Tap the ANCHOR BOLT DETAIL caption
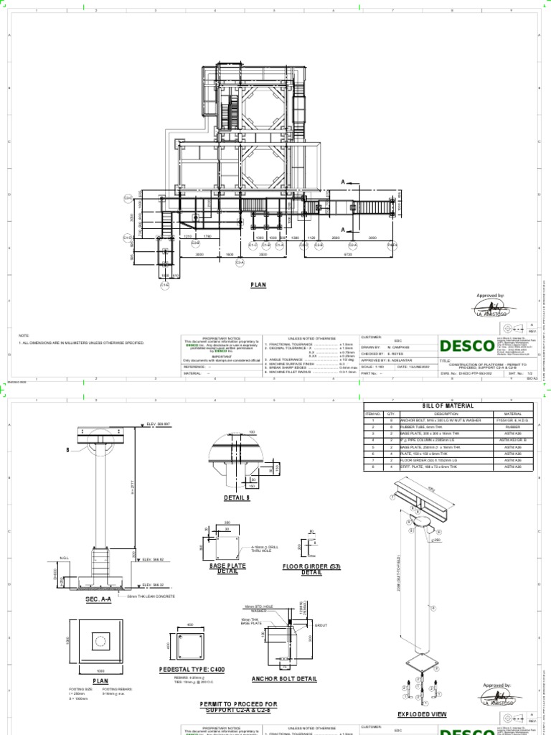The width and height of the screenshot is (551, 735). [x=274, y=678]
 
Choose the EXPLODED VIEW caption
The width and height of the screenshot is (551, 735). [x=422, y=715]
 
